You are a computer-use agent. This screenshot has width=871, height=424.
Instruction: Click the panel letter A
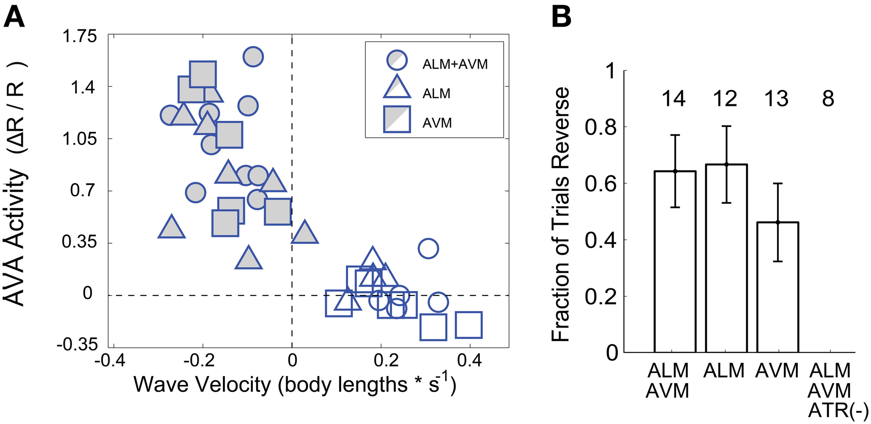point(14,17)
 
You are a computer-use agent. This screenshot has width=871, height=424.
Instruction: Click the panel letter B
point(561,17)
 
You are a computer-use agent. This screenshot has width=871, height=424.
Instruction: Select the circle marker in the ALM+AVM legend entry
point(397,60)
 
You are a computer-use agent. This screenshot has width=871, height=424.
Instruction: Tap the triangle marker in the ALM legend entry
point(397,88)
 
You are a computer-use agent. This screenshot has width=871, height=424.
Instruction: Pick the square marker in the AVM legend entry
point(397,119)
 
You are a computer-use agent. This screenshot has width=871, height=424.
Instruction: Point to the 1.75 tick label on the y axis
point(79,36)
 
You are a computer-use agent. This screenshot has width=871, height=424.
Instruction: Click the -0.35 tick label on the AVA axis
point(77,345)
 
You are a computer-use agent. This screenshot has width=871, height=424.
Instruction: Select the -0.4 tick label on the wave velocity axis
point(110,360)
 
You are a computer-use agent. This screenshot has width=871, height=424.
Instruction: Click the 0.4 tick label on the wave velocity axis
point(469,360)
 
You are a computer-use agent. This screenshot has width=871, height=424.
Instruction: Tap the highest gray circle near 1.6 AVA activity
point(253,56)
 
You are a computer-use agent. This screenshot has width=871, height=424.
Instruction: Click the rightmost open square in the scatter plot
point(469,325)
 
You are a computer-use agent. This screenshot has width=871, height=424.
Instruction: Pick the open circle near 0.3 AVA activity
point(428,249)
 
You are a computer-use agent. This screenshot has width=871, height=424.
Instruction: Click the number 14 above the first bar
point(673,99)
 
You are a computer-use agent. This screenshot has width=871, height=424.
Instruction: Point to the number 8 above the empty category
point(828,99)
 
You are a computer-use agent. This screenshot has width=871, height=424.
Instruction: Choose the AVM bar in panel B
point(778,287)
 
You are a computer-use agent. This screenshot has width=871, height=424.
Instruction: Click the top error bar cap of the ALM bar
point(726,126)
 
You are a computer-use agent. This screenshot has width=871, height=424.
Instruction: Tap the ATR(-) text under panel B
point(838,411)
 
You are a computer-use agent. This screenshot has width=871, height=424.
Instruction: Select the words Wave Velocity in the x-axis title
point(202,385)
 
